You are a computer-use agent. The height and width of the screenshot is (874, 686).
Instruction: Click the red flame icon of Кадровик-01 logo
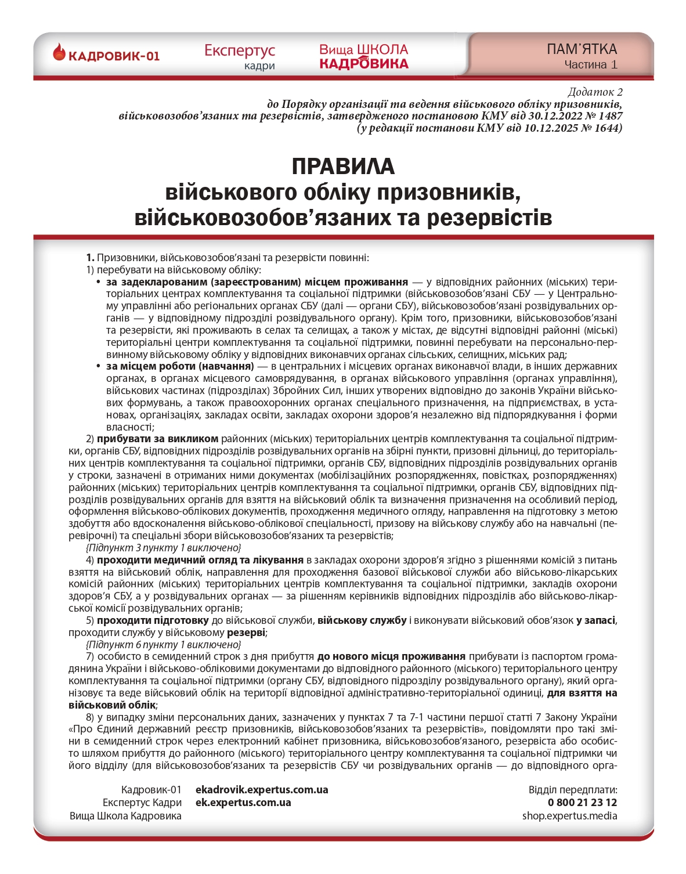[59, 53]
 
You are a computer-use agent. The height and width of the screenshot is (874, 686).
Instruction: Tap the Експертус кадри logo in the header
[239, 57]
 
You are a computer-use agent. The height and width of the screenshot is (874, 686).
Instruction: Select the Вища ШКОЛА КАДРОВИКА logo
[363, 57]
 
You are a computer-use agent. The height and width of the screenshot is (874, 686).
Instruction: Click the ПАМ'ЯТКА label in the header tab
[582, 49]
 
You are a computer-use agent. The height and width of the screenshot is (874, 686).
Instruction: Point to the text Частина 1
[591, 64]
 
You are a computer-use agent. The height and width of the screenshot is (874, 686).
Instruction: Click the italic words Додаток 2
[595, 92]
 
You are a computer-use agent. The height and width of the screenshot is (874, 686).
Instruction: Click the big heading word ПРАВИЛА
[343, 167]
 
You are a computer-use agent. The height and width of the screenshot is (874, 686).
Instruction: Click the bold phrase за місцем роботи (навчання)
[180, 366]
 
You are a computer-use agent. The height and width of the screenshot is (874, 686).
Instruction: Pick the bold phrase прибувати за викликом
[157, 439]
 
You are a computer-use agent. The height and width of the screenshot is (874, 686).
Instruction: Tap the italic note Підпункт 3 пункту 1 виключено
[163, 548]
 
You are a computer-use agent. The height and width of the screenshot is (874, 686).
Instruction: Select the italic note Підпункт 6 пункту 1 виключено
[163, 645]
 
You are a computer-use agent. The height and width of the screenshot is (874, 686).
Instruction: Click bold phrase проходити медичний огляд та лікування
[200, 560]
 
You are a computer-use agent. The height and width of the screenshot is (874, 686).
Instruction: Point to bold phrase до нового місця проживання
[391, 656]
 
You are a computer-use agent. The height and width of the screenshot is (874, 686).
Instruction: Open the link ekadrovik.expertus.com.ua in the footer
[262, 790]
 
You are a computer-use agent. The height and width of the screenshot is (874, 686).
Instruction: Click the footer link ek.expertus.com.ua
[243, 803]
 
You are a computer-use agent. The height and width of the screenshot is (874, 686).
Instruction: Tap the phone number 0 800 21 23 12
[582, 803]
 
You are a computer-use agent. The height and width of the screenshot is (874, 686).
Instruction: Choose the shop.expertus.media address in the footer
[569, 816]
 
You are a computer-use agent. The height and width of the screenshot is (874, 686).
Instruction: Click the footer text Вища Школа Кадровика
[125, 816]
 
